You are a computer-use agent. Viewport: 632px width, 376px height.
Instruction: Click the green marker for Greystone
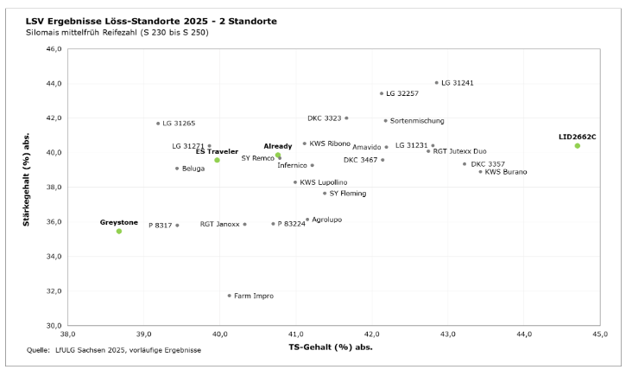point(119,231)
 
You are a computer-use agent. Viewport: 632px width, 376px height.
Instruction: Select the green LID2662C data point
point(578,145)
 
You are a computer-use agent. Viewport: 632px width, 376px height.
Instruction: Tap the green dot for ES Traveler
point(217,160)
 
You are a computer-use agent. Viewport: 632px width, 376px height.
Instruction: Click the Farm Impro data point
point(229,296)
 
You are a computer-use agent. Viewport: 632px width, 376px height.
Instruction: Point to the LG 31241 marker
point(436,83)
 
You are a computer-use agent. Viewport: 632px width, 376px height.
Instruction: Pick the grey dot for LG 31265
point(158,124)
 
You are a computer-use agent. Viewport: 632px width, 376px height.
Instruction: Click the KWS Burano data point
point(481,172)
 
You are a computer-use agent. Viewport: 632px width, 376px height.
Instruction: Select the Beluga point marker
point(177,169)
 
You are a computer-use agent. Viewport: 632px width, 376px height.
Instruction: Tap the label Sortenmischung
point(418,120)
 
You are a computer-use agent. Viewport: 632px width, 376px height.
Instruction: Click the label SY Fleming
point(348,194)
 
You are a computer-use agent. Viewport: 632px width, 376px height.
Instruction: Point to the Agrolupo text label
point(326,220)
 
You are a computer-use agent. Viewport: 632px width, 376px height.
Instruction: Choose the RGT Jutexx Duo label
point(459,151)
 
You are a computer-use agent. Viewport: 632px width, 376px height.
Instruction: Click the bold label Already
point(278,146)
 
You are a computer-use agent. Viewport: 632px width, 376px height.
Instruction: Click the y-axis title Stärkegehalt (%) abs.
point(28,187)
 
